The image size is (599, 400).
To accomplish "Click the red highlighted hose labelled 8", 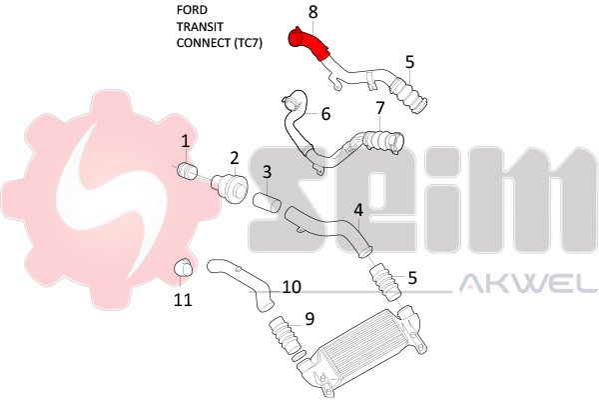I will (306, 43).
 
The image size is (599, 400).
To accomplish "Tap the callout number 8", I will (312, 12).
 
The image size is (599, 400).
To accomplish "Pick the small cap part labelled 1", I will (187, 173).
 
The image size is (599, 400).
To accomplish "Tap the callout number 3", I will (267, 172).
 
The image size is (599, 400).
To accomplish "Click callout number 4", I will (357, 210).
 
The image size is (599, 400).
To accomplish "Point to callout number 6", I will (325, 114).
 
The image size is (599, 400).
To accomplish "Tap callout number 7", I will (379, 108).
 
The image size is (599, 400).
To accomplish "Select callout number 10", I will (291, 287).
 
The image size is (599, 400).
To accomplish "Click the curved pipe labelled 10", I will (245, 281).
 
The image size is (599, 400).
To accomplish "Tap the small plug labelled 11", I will (184, 267).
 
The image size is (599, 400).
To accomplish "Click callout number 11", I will (183, 298).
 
